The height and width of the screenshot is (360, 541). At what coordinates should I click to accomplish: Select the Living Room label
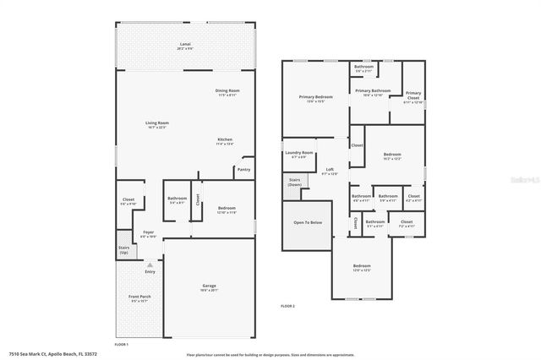pyautogui.click(x=156, y=123)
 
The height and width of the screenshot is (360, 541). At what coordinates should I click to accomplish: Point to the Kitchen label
pyautogui.click(x=225, y=140)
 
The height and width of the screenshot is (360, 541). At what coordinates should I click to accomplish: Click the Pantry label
pyautogui.click(x=243, y=170)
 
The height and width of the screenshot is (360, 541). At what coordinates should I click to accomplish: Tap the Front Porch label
pyautogui.click(x=139, y=297)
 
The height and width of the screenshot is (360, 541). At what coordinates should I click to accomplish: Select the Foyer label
pyautogui.click(x=148, y=232)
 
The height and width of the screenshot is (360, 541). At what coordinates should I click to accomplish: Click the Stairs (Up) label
pyautogui.click(x=124, y=249)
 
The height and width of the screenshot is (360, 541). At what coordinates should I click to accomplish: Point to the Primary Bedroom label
pyautogui.click(x=316, y=97)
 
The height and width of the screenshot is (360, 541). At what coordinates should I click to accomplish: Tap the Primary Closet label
pyautogui.click(x=413, y=95)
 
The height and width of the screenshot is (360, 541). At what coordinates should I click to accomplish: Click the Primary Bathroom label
pyautogui.click(x=373, y=91)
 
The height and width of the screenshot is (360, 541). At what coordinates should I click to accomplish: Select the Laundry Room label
pyautogui.click(x=300, y=153)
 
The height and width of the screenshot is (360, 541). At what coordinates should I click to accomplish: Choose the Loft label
pyautogui.click(x=331, y=170)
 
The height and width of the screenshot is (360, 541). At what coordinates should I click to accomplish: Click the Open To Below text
pyautogui.click(x=308, y=222)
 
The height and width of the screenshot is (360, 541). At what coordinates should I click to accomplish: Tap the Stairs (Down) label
pyautogui.click(x=295, y=182)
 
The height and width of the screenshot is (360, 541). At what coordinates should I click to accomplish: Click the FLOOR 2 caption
pyautogui.click(x=287, y=305)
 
